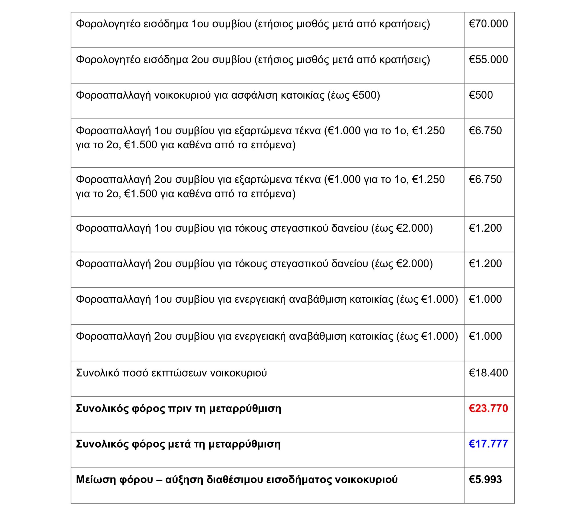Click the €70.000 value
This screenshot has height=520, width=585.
click(x=488, y=24)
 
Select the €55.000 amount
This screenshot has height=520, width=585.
click(x=488, y=59)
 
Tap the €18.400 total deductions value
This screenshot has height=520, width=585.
click(x=488, y=373)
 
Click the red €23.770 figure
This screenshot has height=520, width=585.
click(x=488, y=408)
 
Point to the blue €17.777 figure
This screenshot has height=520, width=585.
click(x=488, y=444)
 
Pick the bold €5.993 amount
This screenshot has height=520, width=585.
click(x=485, y=479)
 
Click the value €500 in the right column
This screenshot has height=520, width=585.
click(x=480, y=95)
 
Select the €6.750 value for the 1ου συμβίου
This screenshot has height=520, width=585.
click(x=485, y=131)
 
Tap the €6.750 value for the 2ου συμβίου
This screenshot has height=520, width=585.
click(x=485, y=179)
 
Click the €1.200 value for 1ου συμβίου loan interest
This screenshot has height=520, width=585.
click(x=485, y=228)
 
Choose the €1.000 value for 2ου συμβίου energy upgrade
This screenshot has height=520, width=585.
click(x=485, y=336)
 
